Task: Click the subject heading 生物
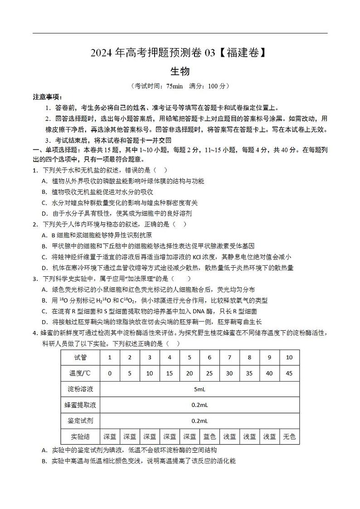[180, 71]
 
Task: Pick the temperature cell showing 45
[289, 373]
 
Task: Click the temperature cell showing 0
[109, 373]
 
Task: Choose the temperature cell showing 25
[209, 373]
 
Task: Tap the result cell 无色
[289, 437]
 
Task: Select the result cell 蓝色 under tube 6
[209, 437]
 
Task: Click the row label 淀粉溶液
[80, 389]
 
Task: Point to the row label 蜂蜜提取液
[80, 405]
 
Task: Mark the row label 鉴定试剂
[80, 421]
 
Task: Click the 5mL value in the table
[199, 389]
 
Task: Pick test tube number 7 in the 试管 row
[229, 357]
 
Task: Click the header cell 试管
[80, 357]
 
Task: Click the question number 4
[34, 333]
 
